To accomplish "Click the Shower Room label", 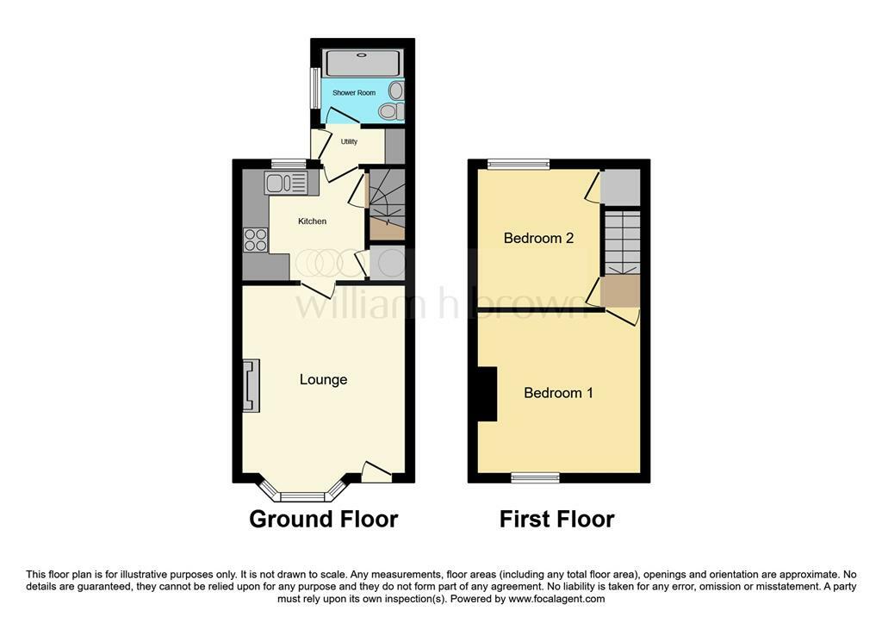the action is coord(354,93).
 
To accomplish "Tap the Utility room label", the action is coord(349,141).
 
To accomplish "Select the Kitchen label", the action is coord(312,221).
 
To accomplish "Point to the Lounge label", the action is coord(324,379).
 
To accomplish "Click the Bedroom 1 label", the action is coord(558,392).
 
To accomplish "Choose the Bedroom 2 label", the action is coord(539,238).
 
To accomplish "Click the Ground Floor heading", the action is coord(324,519).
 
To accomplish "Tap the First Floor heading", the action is coord(557,519).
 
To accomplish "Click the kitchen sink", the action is coord(286,183).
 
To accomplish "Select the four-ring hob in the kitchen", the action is coord(255,240).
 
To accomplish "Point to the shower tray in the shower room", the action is coord(363,63).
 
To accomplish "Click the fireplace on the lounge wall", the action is coord(252,386).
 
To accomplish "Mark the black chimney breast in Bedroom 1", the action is coord(488,394).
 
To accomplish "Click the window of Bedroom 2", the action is coord(518,165).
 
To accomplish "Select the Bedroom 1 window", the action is coord(536,478).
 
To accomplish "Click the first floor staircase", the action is coord(622,243).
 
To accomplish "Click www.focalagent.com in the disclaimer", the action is coord(557,599).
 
